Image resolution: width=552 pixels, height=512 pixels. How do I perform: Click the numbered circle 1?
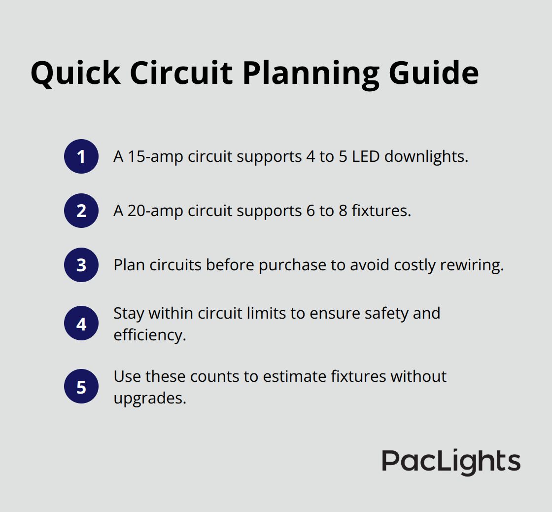(x=81, y=156)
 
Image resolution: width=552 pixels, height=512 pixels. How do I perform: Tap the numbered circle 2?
(x=81, y=211)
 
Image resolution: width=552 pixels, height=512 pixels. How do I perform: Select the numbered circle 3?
(x=81, y=265)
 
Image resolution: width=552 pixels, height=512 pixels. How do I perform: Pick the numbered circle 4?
(x=81, y=324)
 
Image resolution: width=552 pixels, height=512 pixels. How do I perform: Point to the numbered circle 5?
(x=81, y=386)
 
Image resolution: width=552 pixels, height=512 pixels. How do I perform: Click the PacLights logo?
(x=451, y=462)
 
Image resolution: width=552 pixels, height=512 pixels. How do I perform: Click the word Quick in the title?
(x=75, y=73)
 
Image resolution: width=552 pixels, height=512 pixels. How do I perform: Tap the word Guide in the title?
(x=434, y=73)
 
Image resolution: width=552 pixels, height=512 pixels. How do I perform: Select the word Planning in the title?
(x=311, y=73)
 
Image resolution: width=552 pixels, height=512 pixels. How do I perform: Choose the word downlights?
(x=426, y=156)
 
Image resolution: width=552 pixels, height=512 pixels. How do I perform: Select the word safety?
(x=369, y=313)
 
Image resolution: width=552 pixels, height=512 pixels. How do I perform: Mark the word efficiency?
(x=149, y=334)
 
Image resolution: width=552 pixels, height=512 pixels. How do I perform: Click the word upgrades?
(x=149, y=398)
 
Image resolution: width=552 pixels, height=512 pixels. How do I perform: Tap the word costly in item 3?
(x=412, y=265)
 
